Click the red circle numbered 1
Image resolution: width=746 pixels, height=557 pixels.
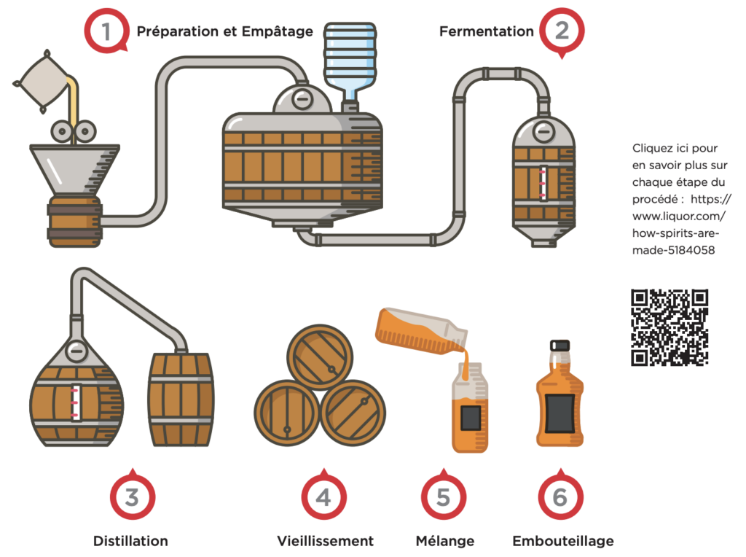[106, 31]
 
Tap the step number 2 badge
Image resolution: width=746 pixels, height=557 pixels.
[562, 31]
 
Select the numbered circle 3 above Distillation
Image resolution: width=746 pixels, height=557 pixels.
[131, 497]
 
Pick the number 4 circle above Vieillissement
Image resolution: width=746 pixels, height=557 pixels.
[323, 497]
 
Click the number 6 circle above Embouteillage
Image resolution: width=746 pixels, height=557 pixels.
[559, 497]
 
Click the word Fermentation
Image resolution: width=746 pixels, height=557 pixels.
[487, 31]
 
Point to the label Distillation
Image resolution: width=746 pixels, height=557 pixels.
[130, 541]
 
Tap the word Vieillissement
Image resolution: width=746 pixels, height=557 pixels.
[325, 541]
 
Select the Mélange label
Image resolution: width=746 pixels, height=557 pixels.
[444, 541]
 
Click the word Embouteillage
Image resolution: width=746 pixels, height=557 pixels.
[562, 541]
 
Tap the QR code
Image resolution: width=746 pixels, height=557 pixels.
[670, 327]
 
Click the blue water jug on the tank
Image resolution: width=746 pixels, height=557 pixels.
[350, 58]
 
